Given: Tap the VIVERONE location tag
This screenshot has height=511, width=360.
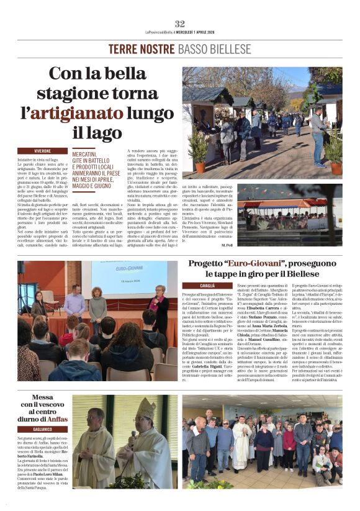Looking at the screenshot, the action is (43, 151).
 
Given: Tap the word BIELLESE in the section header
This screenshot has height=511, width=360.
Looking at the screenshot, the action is (229, 48).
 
